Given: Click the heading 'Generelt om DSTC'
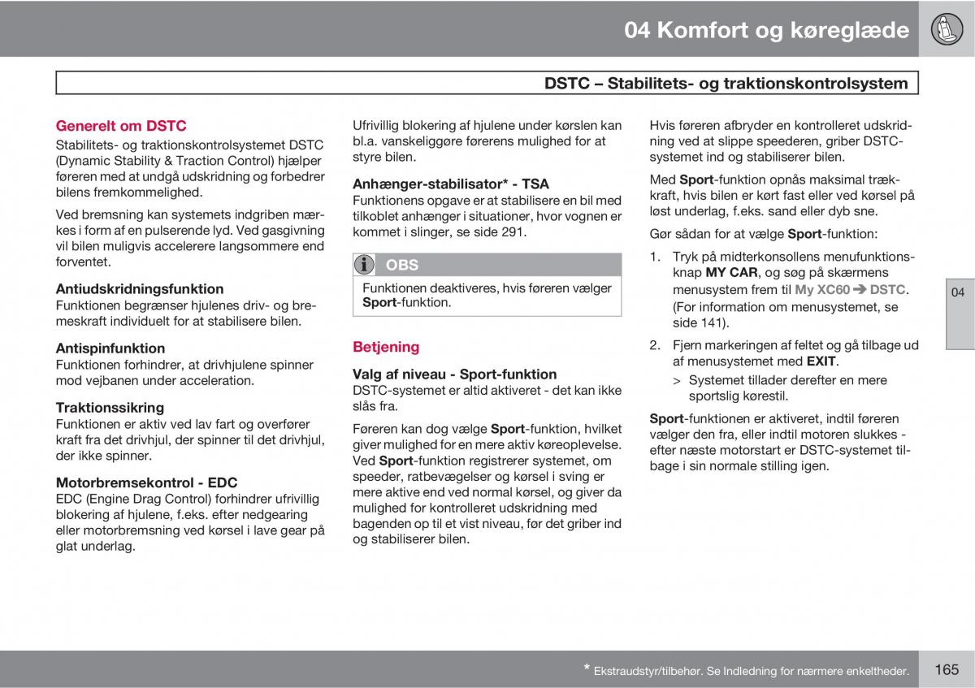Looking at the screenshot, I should (121, 126).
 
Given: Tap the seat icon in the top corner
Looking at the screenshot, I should (947, 29).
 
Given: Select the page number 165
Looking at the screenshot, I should (947, 669).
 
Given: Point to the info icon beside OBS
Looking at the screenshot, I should (365, 265).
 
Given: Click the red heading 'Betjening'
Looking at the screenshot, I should (386, 347).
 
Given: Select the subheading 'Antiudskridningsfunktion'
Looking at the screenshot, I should (140, 288).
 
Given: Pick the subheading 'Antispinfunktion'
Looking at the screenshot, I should (110, 348).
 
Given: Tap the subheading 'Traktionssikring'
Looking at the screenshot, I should (110, 408).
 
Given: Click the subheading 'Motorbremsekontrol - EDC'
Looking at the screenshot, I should (146, 482).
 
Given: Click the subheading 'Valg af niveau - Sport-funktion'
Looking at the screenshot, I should (454, 374).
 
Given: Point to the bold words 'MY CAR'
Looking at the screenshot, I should (731, 273).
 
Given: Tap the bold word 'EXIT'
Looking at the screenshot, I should (821, 361).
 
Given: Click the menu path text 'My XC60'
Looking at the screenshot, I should (822, 290).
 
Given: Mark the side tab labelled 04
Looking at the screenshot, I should (959, 292).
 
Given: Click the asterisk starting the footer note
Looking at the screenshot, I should (587, 669).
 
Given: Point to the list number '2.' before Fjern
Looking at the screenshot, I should (655, 345).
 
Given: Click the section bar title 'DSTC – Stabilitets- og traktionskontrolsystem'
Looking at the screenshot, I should (726, 83).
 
